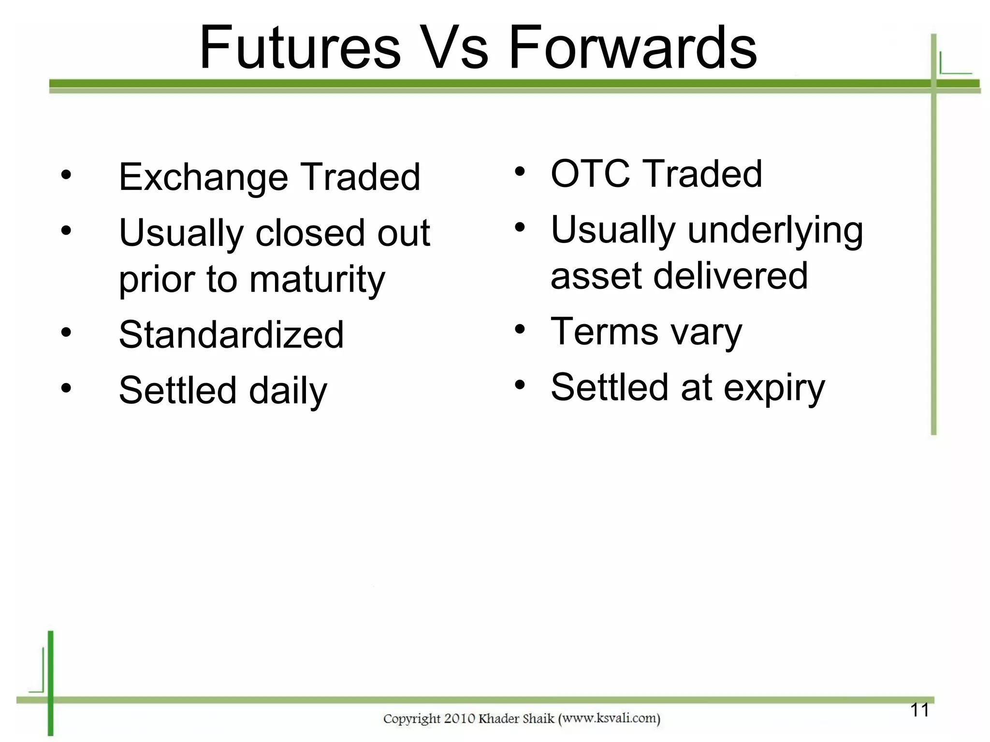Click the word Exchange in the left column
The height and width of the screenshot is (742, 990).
[x=204, y=177]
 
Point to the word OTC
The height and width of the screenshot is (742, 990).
[x=590, y=174]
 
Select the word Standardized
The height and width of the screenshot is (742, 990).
[x=231, y=335]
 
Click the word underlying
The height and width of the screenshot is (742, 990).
[x=775, y=230]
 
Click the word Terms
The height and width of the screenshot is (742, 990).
[x=605, y=332]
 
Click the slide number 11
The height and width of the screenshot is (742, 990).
[x=919, y=710]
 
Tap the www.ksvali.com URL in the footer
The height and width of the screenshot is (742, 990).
[x=609, y=718]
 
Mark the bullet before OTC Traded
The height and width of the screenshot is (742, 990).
[x=520, y=171]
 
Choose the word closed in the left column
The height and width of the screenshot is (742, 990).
[x=310, y=233]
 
